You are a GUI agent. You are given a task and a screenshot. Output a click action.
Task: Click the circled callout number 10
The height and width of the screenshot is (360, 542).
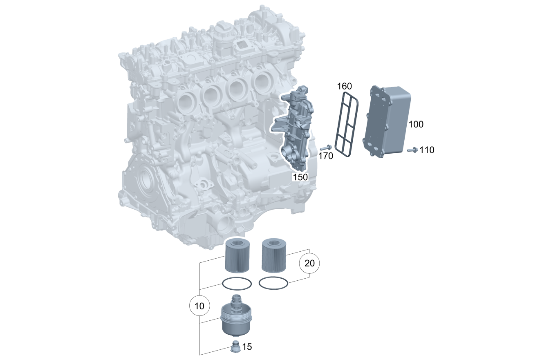click(199, 306)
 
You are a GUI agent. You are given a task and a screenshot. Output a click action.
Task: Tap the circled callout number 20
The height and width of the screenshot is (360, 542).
click(309, 263)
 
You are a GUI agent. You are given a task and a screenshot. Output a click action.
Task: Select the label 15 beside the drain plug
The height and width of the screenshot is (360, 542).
click(247, 347)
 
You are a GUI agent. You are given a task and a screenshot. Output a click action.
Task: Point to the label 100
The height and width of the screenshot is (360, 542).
click(416, 124)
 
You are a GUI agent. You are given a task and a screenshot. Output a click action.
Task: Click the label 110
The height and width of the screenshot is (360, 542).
click(427, 150)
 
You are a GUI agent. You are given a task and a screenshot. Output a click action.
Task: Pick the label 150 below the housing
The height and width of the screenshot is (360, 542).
click(300, 177)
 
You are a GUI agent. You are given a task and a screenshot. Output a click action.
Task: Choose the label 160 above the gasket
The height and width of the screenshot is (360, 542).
click(345, 86)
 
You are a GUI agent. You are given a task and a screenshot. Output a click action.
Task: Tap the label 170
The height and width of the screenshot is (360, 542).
click(326, 156)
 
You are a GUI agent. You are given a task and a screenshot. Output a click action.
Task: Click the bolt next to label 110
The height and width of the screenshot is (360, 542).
click(412, 150)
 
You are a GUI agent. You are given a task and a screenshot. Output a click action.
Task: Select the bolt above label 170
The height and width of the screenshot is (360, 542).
click(326, 148)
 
